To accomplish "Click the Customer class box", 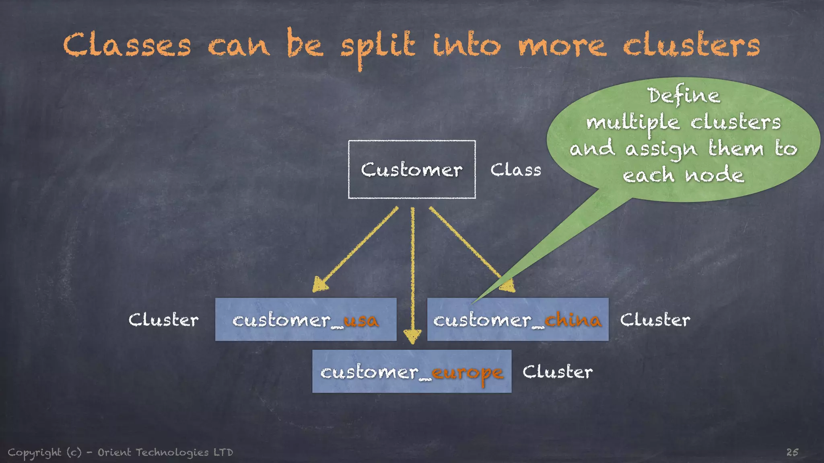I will coord(412,169).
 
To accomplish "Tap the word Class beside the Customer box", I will coord(515,170).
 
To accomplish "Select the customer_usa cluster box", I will coord(305,320).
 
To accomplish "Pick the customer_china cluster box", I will coord(517,320).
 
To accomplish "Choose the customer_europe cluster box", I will coord(412,371).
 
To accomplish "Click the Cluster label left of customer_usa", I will coord(163,320).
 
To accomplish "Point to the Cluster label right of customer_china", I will coord(655,320).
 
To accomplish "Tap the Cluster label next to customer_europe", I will coord(557,372).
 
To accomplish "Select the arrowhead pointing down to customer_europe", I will coord(412,336).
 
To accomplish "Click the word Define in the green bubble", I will coord(684,96).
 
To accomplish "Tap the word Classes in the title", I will coord(127,45).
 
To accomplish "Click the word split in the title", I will coord(377,47).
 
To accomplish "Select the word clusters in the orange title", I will coord(691,45).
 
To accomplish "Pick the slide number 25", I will coord(792,452).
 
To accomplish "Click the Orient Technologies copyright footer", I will coord(120,453).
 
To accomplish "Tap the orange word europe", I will coord(467,373).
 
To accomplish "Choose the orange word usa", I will coord(361,320).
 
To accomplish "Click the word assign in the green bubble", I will coord(661,150).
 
